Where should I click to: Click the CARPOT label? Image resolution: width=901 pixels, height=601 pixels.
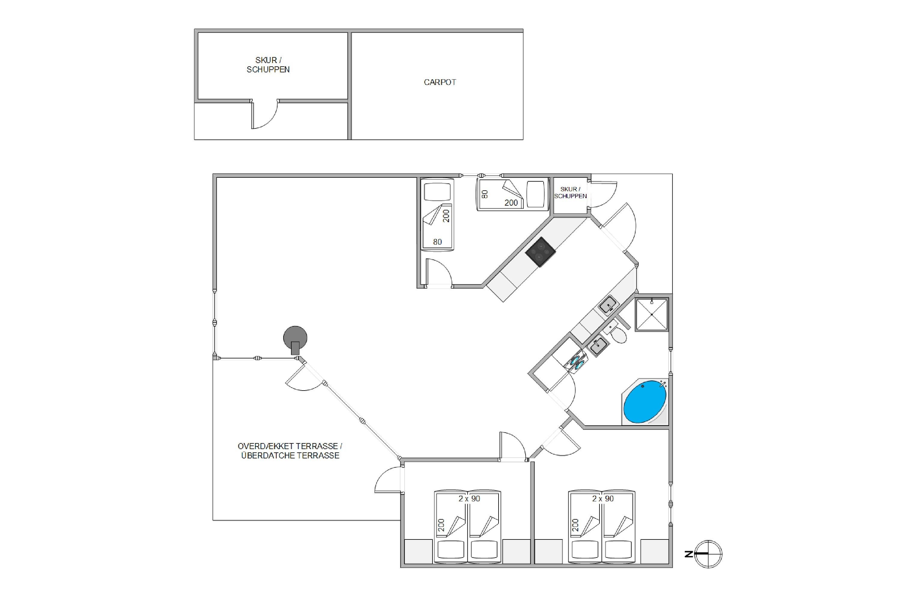(440, 82)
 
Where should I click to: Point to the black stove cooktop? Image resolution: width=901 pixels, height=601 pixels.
(540, 252)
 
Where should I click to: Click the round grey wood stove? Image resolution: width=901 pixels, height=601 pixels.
(295, 339)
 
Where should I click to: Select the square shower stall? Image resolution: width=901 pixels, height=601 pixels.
(651, 315)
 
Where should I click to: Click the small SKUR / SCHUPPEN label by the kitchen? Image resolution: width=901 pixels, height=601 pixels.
(571, 192)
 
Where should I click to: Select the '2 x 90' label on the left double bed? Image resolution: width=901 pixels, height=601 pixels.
(469, 499)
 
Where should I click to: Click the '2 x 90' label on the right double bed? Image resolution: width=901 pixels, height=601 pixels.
(603, 499)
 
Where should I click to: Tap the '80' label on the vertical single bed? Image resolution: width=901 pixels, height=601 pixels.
(438, 242)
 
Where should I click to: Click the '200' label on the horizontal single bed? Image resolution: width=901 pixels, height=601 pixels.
(511, 203)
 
